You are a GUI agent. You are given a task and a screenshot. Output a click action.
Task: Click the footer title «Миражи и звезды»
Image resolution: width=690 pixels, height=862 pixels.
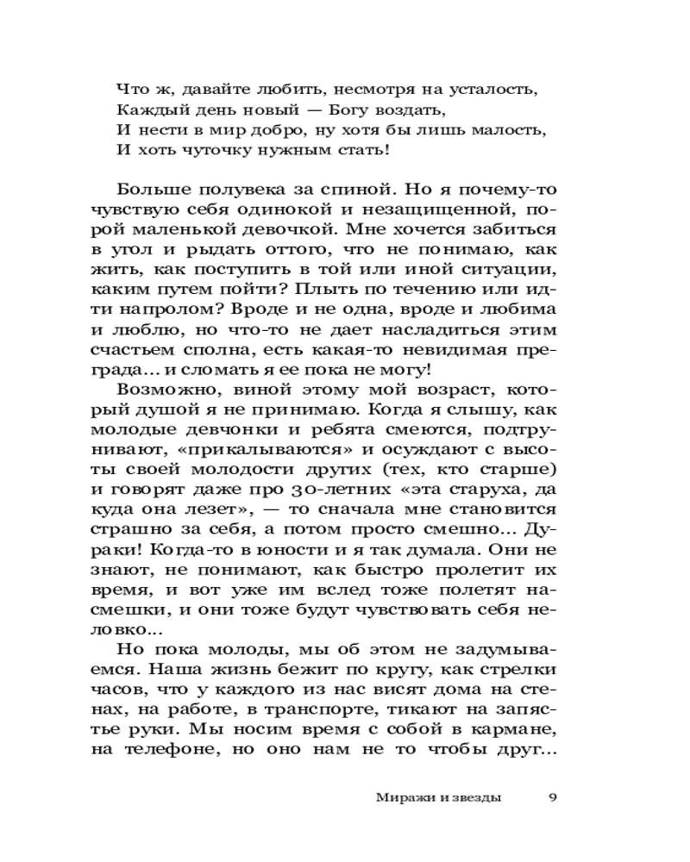tap(438, 796)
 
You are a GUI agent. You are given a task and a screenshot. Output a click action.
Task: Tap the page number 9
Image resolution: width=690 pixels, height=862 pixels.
tap(553, 796)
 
